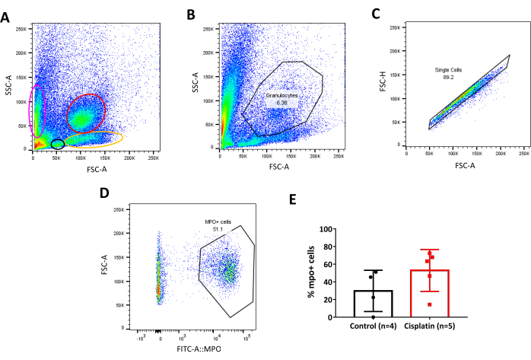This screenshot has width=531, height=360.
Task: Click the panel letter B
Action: tap(190, 15)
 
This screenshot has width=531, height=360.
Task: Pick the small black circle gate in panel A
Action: tap(57, 144)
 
